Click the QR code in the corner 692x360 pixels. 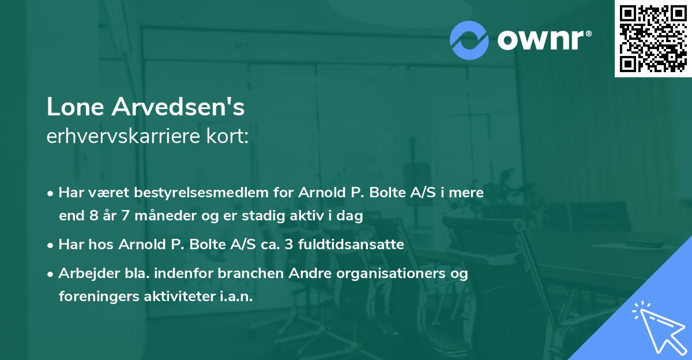(x=653, y=38)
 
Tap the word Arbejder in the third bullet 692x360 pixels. (x=84, y=273)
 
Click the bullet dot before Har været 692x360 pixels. (x=51, y=193)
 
